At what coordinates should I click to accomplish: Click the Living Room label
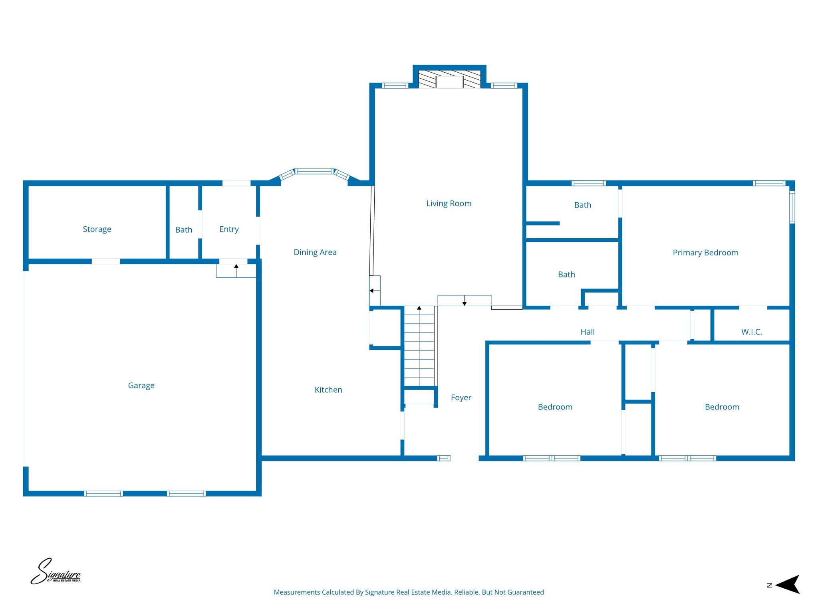pos(449,204)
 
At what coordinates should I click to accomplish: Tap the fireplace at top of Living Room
pos(449,79)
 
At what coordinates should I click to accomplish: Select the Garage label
pos(141,386)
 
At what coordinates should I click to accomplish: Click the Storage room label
pos(97,229)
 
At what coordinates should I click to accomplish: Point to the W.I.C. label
pos(751,332)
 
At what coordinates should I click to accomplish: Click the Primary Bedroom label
pos(705,253)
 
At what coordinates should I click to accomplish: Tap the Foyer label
pos(461,397)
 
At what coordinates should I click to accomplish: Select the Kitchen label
pos(328,390)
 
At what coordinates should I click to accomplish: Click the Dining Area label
pos(315,252)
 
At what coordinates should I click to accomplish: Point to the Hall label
pos(587,332)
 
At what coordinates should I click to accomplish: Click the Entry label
pos(229,229)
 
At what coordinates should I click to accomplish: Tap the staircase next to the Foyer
pos(419,346)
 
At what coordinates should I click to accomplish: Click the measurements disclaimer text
pos(409,592)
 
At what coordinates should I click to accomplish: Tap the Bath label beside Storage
pos(184,230)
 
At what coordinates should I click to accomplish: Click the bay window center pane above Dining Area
pos(314,172)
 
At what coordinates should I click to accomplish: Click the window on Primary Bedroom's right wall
pos(792,207)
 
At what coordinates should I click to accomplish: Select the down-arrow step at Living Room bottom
pos(464,301)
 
